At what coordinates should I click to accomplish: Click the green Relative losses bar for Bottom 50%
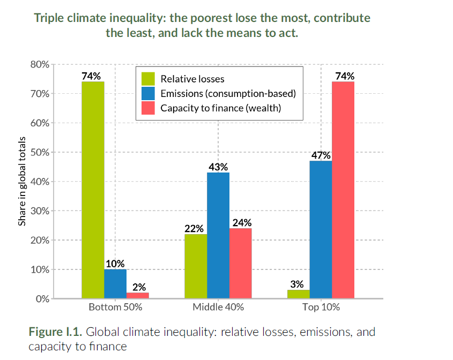click(93, 190)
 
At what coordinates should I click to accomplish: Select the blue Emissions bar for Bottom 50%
click(115, 284)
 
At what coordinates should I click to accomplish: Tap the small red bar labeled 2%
click(138, 295)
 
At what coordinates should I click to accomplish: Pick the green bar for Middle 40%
click(196, 266)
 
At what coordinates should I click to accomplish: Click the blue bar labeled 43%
click(218, 236)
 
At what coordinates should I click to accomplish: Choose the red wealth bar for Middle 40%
click(241, 263)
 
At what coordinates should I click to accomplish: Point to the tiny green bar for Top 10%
click(299, 294)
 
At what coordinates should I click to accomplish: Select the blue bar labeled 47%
click(321, 229)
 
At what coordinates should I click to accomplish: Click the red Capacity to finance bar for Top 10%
click(343, 190)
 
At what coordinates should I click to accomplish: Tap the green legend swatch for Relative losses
click(148, 79)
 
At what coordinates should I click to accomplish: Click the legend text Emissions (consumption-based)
click(228, 94)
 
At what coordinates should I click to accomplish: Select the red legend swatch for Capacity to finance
click(148, 108)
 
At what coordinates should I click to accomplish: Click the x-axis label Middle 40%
click(218, 308)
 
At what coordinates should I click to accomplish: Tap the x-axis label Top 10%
click(321, 308)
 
